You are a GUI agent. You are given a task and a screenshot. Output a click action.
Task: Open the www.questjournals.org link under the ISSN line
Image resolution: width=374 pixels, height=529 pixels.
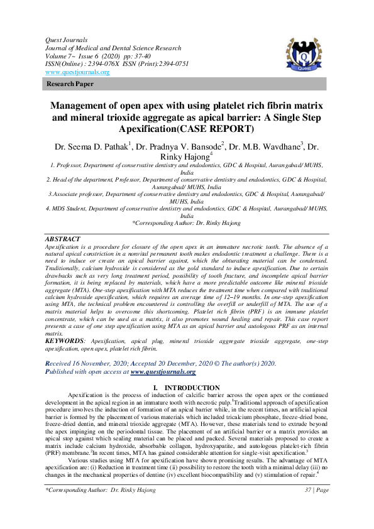pos(77,72)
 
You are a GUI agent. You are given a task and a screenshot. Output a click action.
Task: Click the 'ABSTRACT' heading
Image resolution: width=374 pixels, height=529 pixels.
pos(63,239)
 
